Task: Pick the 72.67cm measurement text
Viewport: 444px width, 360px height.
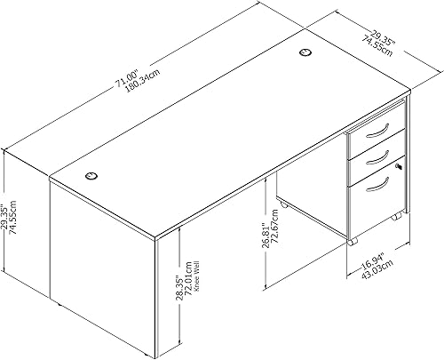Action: (274, 242)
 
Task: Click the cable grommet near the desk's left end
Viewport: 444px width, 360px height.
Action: (92, 176)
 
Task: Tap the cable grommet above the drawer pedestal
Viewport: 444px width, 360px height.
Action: (306, 54)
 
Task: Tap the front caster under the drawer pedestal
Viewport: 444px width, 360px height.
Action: (353, 240)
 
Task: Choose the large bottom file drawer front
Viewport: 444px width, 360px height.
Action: (373, 196)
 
